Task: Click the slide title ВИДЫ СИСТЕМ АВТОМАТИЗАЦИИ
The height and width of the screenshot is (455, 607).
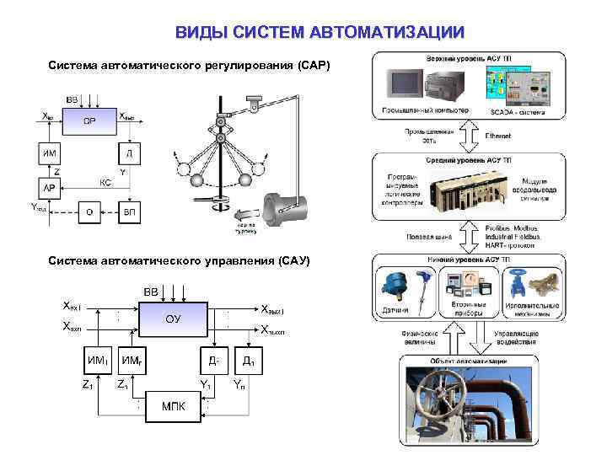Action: pos(320,33)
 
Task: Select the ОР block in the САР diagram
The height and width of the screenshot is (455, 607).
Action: pos(89,121)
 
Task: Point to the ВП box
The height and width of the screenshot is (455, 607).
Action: pos(129,211)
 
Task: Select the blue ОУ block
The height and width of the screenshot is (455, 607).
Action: pos(172,319)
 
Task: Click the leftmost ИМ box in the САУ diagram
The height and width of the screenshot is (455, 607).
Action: pos(98,361)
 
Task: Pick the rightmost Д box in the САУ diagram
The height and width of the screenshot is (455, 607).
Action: pos(249,361)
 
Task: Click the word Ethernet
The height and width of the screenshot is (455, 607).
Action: pos(498,135)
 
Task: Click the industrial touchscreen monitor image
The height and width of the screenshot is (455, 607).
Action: pos(404,83)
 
